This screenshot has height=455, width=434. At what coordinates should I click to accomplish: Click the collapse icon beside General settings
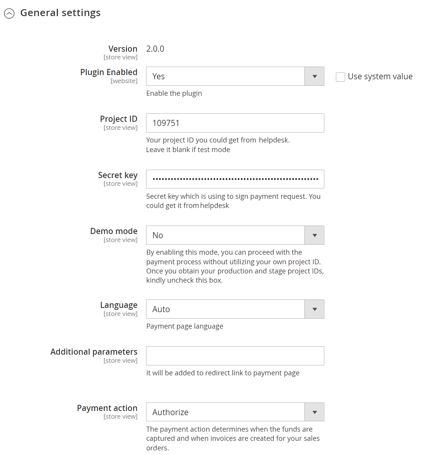(9, 13)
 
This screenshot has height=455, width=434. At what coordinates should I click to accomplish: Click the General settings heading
(60, 13)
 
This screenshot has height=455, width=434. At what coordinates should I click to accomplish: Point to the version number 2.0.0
(155, 49)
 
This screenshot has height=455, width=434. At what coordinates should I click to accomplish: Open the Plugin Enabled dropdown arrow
(314, 76)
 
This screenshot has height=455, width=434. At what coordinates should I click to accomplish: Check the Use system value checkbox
(340, 77)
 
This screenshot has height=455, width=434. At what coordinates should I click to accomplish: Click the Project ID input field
(235, 123)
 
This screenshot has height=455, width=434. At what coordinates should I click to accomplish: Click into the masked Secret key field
(235, 179)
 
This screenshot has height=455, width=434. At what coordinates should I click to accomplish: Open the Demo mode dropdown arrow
(314, 235)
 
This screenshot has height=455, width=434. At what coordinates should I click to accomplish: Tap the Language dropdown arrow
(314, 309)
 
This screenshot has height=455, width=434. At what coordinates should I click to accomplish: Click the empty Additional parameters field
(235, 356)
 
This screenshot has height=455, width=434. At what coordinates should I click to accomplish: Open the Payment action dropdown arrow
(314, 412)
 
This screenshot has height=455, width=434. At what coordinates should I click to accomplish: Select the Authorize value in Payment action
(171, 412)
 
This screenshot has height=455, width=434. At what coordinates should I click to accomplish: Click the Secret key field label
(118, 175)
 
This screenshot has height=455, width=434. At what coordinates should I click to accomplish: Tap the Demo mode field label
(114, 231)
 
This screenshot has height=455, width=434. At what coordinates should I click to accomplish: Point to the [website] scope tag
(124, 81)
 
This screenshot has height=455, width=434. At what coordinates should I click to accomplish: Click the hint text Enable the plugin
(174, 93)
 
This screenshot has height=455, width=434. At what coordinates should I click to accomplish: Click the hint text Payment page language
(185, 326)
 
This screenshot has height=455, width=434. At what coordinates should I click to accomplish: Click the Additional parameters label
(94, 352)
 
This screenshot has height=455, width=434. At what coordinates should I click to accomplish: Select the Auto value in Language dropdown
(161, 309)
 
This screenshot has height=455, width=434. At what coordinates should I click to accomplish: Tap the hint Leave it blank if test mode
(188, 149)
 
